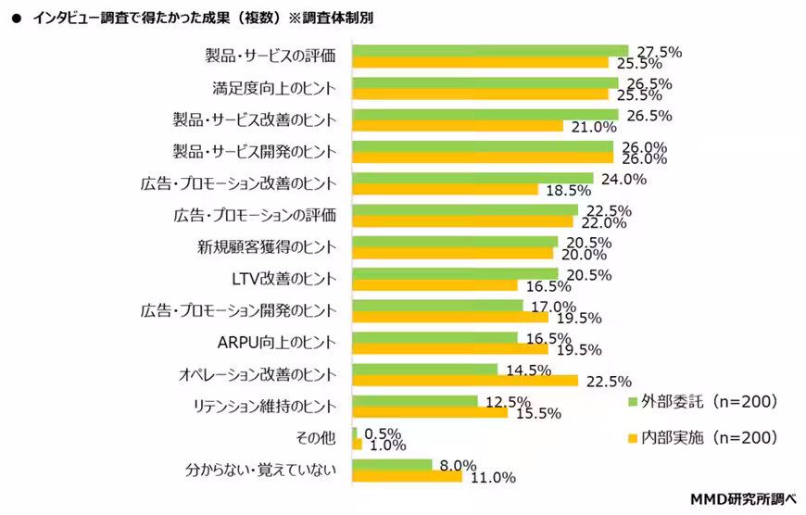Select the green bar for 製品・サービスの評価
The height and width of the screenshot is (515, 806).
490,51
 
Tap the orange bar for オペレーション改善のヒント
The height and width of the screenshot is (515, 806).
465,381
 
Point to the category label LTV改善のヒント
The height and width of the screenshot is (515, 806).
283,279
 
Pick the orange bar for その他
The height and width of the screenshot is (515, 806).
357,445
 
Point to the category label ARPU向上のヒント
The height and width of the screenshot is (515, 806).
275,343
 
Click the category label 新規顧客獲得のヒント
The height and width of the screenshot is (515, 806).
266,247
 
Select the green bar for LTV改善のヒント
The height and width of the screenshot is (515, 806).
455,274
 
